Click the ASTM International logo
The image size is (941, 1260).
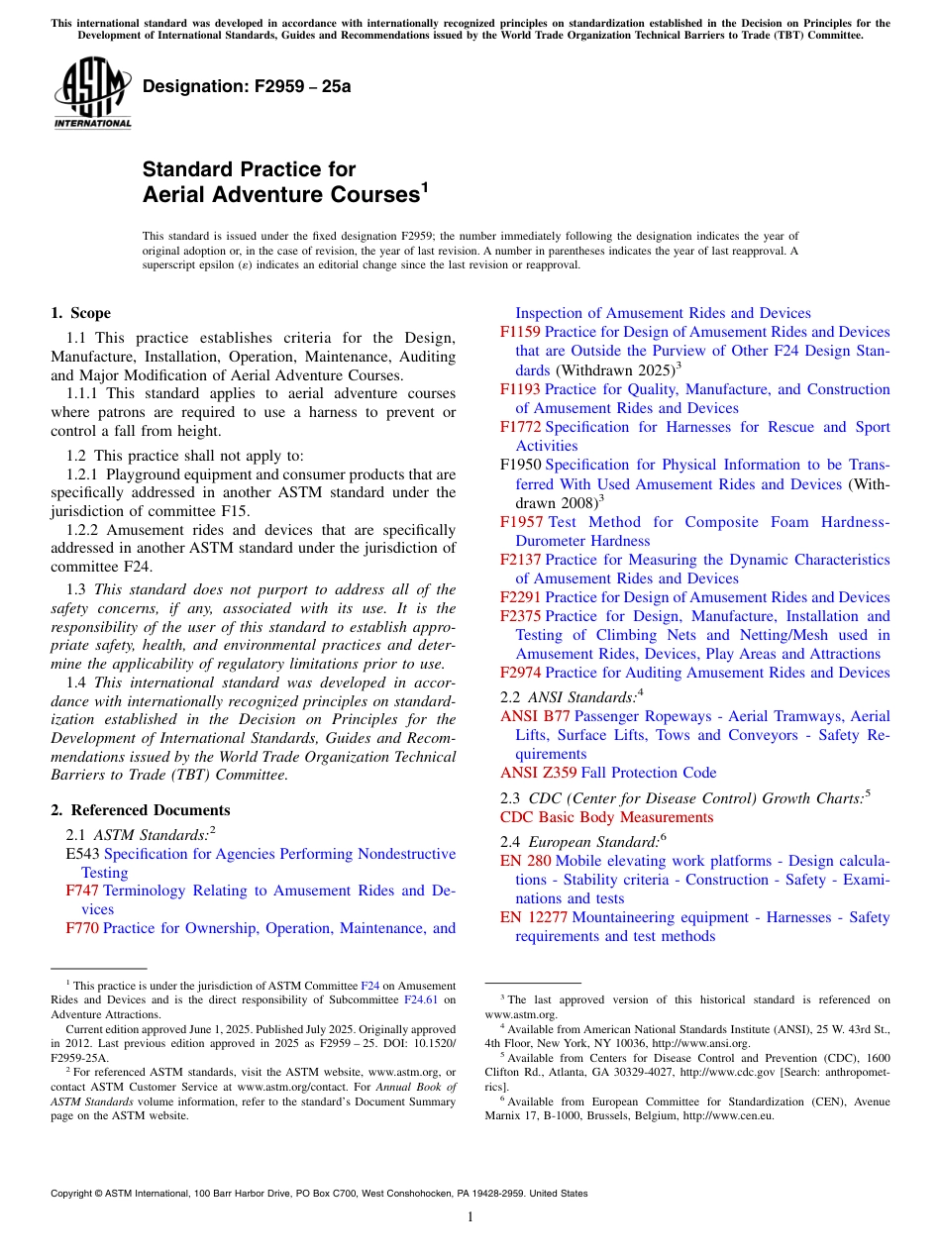click(x=92, y=94)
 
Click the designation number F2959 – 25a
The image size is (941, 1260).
click(x=247, y=86)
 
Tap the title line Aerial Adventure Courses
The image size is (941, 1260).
click(x=282, y=195)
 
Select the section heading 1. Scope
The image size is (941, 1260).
click(x=81, y=313)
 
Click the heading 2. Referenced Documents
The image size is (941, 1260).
click(x=141, y=810)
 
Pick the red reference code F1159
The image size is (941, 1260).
click(x=520, y=332)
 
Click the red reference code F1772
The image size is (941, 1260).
click(x=520, y=427)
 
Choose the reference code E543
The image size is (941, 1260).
click(x=82, y=854)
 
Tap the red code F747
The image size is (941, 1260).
click(x=81, y=892)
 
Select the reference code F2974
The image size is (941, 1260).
click(x=520, y=673)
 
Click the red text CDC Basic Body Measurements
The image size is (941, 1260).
click(x=606, y=817)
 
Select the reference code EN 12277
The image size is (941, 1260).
click(x=534, y=917)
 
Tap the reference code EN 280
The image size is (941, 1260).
click(x=526, y=861)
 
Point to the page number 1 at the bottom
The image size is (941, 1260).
click(x=470, y=1217)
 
